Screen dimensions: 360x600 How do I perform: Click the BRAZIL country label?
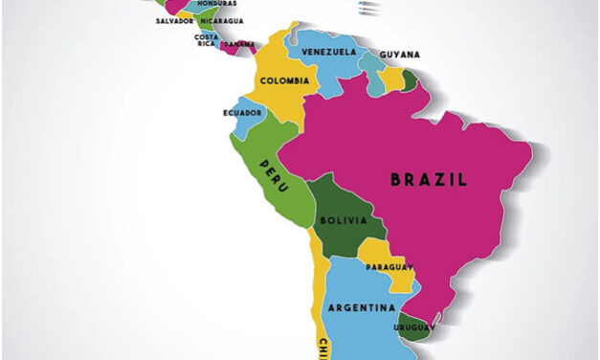429,179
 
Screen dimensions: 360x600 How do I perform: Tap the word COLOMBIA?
283,80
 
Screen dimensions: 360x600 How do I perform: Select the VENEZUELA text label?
328,51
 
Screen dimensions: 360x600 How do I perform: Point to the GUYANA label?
399,55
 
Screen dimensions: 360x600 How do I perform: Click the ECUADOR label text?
242,111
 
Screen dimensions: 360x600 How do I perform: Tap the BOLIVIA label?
343,220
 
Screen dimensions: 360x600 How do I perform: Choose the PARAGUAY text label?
388,266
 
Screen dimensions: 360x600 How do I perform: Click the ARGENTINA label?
361,307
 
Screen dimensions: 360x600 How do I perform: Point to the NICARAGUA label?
221,20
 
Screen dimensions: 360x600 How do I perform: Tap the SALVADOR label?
175,20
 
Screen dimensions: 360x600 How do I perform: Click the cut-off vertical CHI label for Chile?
324,346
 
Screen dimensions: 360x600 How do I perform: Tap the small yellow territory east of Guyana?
392,79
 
